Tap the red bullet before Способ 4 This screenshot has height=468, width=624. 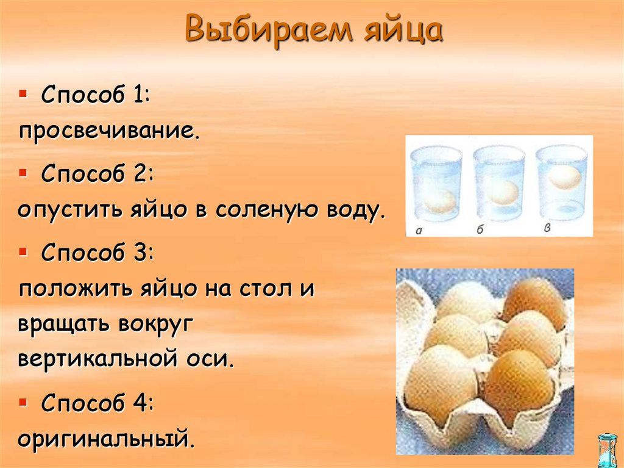23,401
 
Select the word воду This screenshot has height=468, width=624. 355,210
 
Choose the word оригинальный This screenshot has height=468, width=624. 106,439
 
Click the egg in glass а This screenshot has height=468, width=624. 439,201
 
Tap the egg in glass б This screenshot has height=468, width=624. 503,192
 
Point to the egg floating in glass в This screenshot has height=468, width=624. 564,177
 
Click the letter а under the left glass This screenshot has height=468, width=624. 419,231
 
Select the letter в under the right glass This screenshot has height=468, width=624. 547,228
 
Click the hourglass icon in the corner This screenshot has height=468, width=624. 607,449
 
